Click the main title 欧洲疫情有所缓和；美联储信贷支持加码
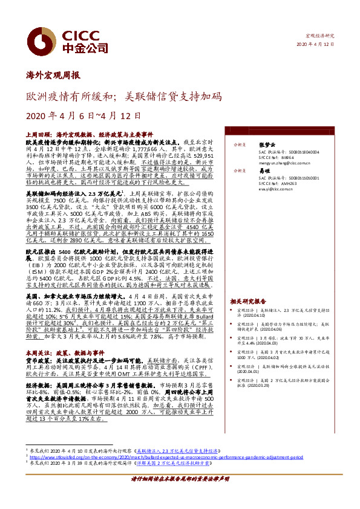click(x=123, y=97)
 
